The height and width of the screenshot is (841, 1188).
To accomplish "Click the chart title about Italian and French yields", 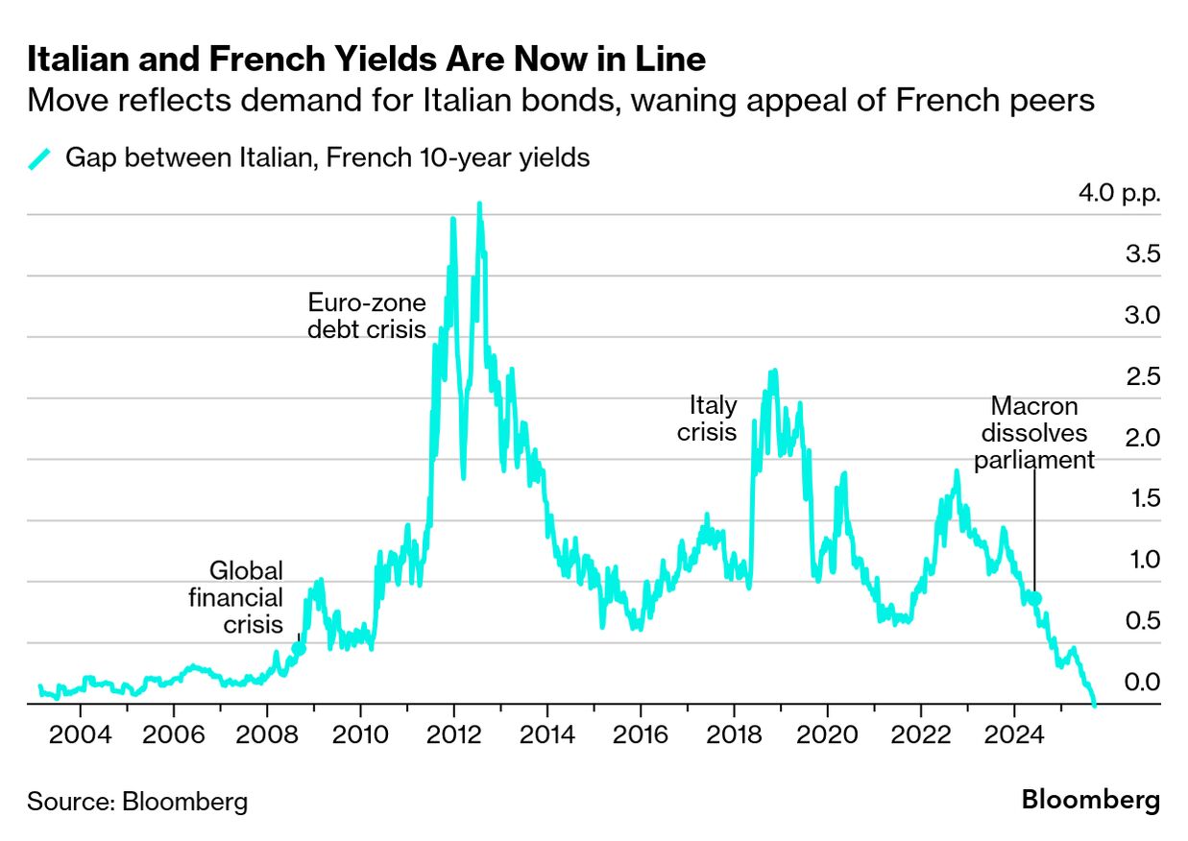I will click(x=366, y=60).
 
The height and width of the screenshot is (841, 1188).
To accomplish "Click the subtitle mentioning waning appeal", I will click(x=561, y=100).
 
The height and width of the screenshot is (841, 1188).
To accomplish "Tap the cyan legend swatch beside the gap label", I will click(x=42, y=158).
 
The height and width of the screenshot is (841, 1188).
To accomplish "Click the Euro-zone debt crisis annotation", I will click(x=366, y=316).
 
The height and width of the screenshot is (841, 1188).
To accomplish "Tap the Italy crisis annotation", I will click(x=707, y=419).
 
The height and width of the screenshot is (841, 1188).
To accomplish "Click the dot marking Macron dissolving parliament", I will click(x=1035, y=599).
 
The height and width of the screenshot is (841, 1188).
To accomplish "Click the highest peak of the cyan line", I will click(x=478, y=204).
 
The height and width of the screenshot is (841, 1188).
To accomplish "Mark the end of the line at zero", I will click(x=1094, y=704).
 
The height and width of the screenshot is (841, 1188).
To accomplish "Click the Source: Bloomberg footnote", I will click(x=137, y=802).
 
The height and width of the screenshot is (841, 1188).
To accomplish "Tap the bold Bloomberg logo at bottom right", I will click(x=1090, y=800).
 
